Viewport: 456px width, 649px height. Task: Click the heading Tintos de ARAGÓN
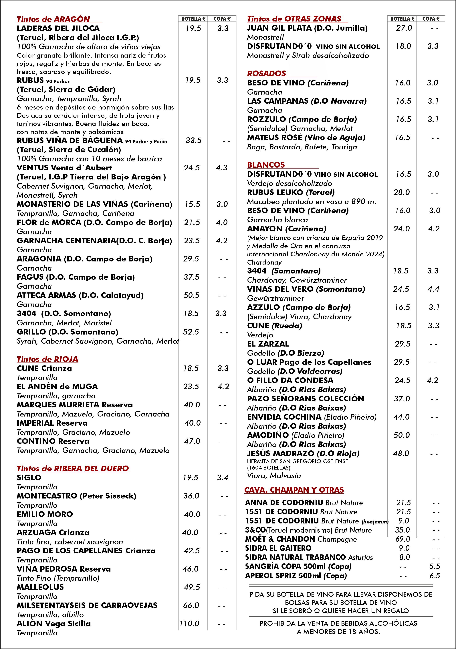(x=53, y=19)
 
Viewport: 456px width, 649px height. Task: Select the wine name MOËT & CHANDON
(x=280, y=539)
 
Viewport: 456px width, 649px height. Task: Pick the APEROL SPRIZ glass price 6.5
(x=435, y=576)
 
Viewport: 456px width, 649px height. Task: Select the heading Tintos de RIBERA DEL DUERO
(x=73, y=468)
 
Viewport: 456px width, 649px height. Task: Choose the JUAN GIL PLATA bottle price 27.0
(x=404, y=28)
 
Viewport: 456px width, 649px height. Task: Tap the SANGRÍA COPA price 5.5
(x=435, y=566)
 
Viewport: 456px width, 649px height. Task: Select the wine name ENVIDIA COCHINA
(x=284, y=417)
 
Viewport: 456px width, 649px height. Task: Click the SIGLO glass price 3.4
(x=223, y=478)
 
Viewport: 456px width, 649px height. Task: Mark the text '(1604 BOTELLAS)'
(x=269, y=468)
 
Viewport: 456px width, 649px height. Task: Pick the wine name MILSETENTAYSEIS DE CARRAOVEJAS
(x=87, y=605)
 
